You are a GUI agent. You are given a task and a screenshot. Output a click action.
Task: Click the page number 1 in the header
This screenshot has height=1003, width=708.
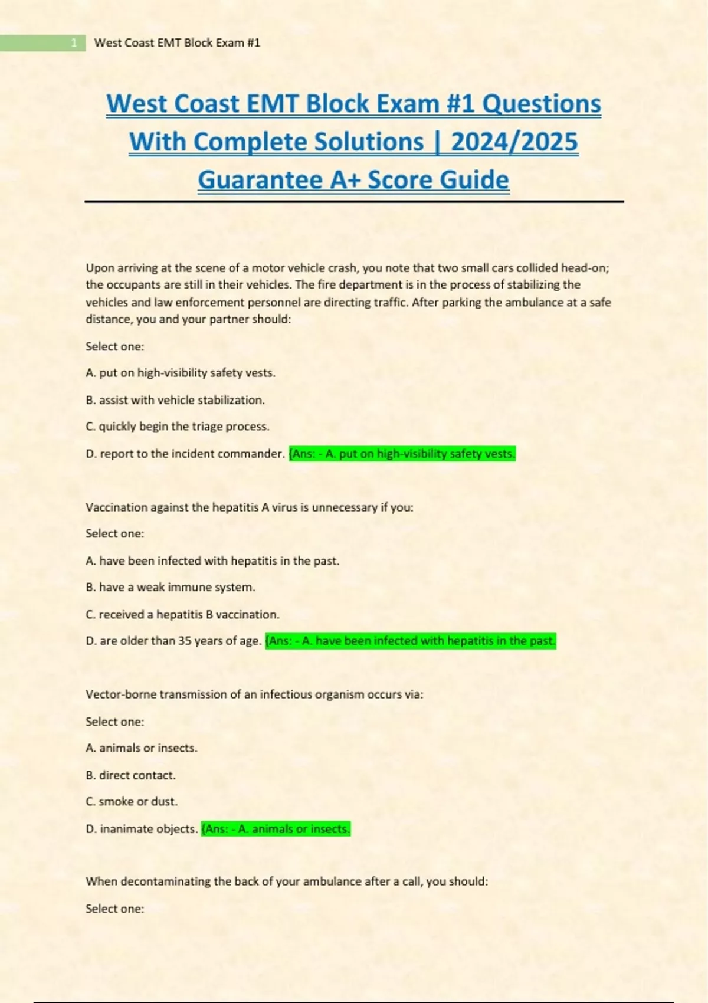[74, 43]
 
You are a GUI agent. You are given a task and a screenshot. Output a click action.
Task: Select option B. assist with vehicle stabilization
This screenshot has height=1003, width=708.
[175, 400]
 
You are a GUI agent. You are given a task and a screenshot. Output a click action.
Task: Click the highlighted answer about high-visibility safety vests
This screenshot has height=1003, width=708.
[402, 454]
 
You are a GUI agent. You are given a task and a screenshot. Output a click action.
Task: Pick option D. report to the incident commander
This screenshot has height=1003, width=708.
[185, 454]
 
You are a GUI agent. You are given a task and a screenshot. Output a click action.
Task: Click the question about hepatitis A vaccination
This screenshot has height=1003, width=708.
[250, 507]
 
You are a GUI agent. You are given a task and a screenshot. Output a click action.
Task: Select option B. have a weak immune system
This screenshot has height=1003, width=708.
[171, 588]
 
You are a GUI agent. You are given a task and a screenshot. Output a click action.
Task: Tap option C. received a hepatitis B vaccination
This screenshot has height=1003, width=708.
[182, 615]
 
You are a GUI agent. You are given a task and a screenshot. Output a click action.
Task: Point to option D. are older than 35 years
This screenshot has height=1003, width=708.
[173, 641]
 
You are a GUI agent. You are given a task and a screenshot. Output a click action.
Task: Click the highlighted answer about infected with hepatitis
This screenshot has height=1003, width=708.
[411, 641]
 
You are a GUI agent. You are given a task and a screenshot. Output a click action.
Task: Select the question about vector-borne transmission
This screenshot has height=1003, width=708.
[254, 694]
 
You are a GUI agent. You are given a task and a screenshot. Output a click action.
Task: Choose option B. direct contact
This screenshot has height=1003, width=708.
[130, 775]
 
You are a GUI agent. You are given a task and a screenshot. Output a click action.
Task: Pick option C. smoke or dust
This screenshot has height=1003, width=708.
[132, 802]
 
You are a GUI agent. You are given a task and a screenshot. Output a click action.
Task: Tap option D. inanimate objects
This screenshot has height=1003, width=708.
[142, 829]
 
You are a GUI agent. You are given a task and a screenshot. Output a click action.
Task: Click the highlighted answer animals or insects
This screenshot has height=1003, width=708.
[276, 829]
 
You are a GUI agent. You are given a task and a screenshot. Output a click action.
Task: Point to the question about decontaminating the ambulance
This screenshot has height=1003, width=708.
[287, 881]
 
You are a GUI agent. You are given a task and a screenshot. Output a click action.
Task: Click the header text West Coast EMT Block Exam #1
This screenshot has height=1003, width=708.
[177, 43]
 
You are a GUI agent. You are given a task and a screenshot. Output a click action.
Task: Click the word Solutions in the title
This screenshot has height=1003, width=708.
[369, 142]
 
